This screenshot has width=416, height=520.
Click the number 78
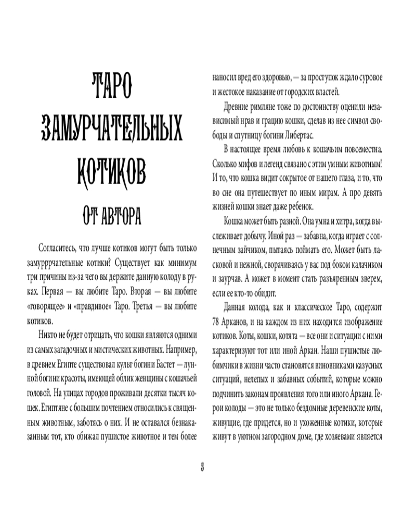pyautogui.click(x=218, y=320)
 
